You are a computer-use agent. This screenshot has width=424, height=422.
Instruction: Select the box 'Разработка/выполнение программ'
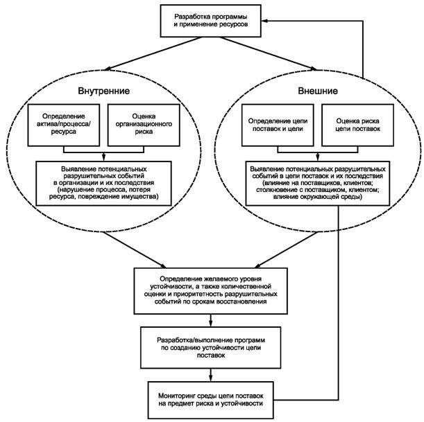[212, 349]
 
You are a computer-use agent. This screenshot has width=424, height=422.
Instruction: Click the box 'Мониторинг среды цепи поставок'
[212, 398]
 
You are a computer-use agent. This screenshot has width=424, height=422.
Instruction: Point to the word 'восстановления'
[244, 302]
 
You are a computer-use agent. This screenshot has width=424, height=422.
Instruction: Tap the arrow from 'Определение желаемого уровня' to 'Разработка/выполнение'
[212, 320]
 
